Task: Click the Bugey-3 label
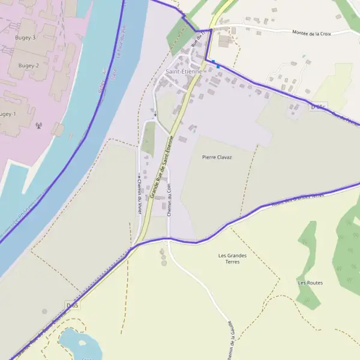coord(26,38)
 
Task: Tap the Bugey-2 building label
coord(28,65)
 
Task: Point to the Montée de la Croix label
coord(311,34)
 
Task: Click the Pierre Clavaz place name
coord(217,157)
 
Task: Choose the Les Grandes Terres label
coord(232,259)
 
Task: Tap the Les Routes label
coord(310,283)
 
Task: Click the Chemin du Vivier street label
coord(139,193)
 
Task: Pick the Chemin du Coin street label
coord(169,200)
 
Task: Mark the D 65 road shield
coord(73,305)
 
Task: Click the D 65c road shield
coord(318,107)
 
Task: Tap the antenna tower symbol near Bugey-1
coord(39,127)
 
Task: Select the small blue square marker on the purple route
coord(217,65)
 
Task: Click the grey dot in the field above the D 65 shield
coord(44,311)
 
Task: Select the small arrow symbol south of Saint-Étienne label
coord(155,114)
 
